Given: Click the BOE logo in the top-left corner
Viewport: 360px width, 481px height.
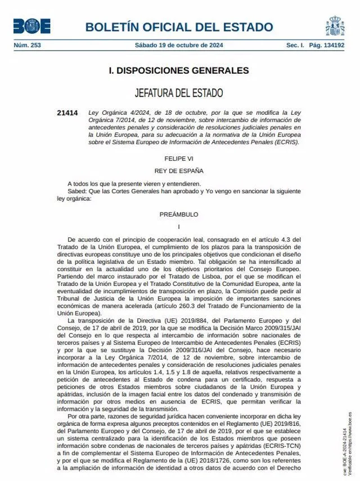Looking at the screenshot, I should [31, 26].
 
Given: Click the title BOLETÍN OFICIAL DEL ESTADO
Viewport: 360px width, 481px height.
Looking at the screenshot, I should [179, 27].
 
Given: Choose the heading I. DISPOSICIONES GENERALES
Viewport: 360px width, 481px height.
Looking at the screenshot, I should [178, 71].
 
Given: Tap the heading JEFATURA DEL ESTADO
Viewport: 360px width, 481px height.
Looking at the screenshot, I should [178, 93].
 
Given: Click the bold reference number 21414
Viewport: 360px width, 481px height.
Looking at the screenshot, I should [67, 113].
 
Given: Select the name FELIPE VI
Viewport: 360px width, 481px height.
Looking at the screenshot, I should [178, 159].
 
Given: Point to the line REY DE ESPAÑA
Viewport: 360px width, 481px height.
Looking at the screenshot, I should [178, 170].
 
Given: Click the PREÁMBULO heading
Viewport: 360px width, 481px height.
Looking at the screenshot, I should [178, 214].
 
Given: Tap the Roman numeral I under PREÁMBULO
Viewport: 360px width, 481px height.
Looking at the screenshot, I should [178, 226].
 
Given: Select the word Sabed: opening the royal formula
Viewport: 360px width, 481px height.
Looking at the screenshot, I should [77, 191].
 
